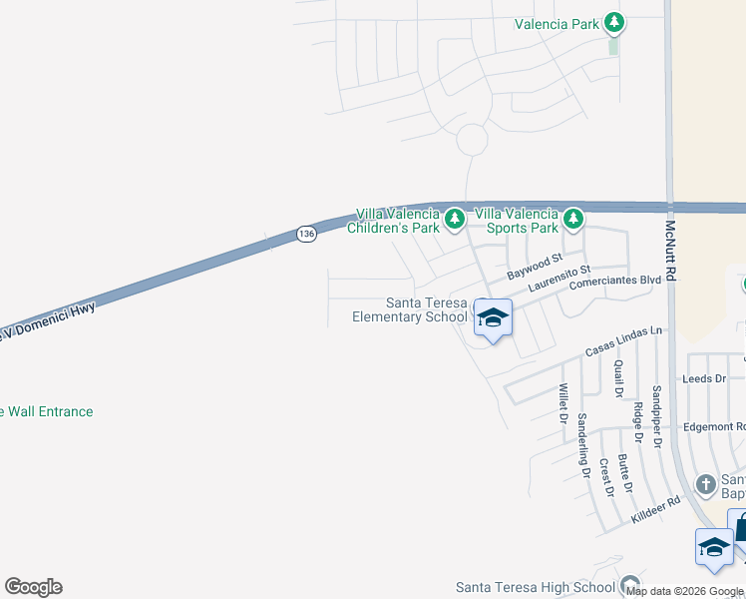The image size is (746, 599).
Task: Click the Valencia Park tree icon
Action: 614,22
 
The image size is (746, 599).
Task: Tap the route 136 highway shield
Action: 306,234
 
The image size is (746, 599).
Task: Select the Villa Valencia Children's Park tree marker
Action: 455,218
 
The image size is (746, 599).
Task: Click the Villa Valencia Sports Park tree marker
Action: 572,218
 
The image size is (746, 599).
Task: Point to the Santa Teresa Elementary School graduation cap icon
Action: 492,318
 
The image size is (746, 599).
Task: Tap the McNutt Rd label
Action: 671,249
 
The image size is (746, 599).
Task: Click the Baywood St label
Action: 529,268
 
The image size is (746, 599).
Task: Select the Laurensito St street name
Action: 559,279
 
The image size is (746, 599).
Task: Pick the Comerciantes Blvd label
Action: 614,283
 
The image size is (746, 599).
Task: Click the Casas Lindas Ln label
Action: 623,343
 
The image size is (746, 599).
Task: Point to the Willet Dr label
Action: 563,401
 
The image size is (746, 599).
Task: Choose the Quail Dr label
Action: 618,378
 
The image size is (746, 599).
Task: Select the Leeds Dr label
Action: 703,379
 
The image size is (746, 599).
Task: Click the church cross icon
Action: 706,485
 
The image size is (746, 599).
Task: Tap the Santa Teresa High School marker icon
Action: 628,585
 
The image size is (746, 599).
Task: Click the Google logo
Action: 33,587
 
